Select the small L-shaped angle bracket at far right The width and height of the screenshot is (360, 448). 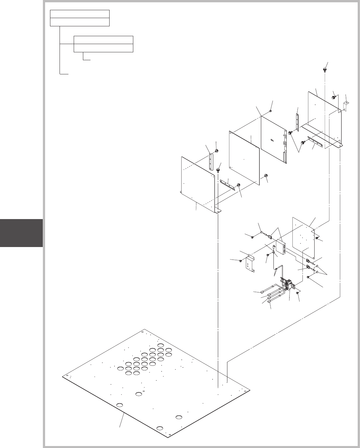click(346, 106)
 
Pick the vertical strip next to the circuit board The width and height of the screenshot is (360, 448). click(297, 122)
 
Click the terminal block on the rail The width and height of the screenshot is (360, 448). click(289, 284)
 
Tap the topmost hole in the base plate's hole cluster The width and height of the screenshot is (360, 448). click(161, 345)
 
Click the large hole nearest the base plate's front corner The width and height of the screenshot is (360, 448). click(160, 428)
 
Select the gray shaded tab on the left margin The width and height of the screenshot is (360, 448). click(21, 233)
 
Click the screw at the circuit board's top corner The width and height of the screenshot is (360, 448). click(270, 111)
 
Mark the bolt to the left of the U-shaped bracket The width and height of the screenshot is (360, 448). click(241, 261)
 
